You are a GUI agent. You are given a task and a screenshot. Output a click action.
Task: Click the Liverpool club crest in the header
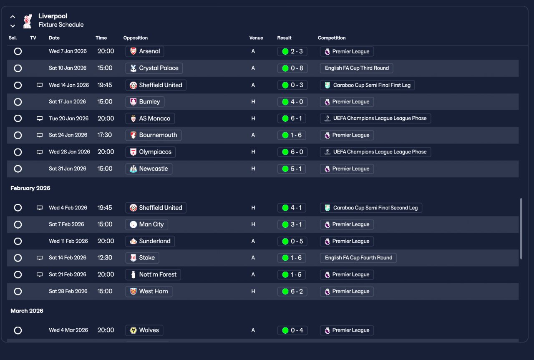[x=28, y=21]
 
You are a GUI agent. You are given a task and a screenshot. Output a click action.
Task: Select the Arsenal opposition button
[x=145, y=51]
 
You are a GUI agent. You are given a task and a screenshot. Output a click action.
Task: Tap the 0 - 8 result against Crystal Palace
[x=292, y=68]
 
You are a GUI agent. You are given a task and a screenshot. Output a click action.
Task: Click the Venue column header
[x=256, y=38]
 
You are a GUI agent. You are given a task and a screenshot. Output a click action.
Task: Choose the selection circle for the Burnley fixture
[x=18, y=102]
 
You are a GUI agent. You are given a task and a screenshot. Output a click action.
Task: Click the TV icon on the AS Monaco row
[x=40, y=118]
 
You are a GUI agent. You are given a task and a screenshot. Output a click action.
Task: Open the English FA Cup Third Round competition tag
[x=356, y=68]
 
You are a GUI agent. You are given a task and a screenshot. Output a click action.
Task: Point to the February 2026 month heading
[x=30, y=188]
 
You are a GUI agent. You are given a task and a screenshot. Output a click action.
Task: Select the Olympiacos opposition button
[x=151, y=152]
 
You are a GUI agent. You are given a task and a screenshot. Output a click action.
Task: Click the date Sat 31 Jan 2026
[x=68, y=169]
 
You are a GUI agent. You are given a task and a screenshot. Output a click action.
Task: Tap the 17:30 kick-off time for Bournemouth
[x=104, y=135]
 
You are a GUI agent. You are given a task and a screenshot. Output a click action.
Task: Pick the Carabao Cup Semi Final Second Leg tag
[x=371, y=208]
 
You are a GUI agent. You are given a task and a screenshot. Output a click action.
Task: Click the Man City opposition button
[x=146, y=224]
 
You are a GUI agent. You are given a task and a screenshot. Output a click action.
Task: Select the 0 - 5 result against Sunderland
[x=292, y=241]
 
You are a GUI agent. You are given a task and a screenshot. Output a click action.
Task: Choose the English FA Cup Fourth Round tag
[x=358, y=258]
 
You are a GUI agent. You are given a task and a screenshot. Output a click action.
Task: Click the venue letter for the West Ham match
[x=253, y=291]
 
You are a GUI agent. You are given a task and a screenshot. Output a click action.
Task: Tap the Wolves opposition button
[x=144, y=330]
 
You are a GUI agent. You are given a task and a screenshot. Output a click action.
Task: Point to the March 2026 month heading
[x=27, y=311]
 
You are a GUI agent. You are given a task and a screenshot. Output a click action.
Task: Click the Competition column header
[x=332, y=38]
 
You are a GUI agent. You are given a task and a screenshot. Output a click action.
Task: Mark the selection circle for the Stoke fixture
[x=18, y=258]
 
